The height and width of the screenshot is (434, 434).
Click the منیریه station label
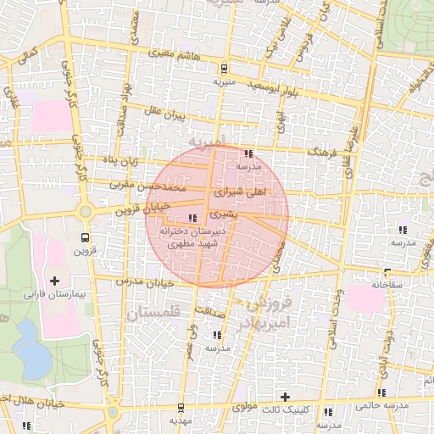(223, 82)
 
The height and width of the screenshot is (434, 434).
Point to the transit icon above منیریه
(223, 68)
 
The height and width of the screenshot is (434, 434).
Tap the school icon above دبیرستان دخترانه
(188, 219)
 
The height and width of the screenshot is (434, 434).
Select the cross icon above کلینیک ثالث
(285, 397)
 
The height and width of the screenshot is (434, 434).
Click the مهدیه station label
(182, 420)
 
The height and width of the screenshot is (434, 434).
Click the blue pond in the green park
(31, 348)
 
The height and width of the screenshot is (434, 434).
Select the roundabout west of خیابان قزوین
(85, 211)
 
